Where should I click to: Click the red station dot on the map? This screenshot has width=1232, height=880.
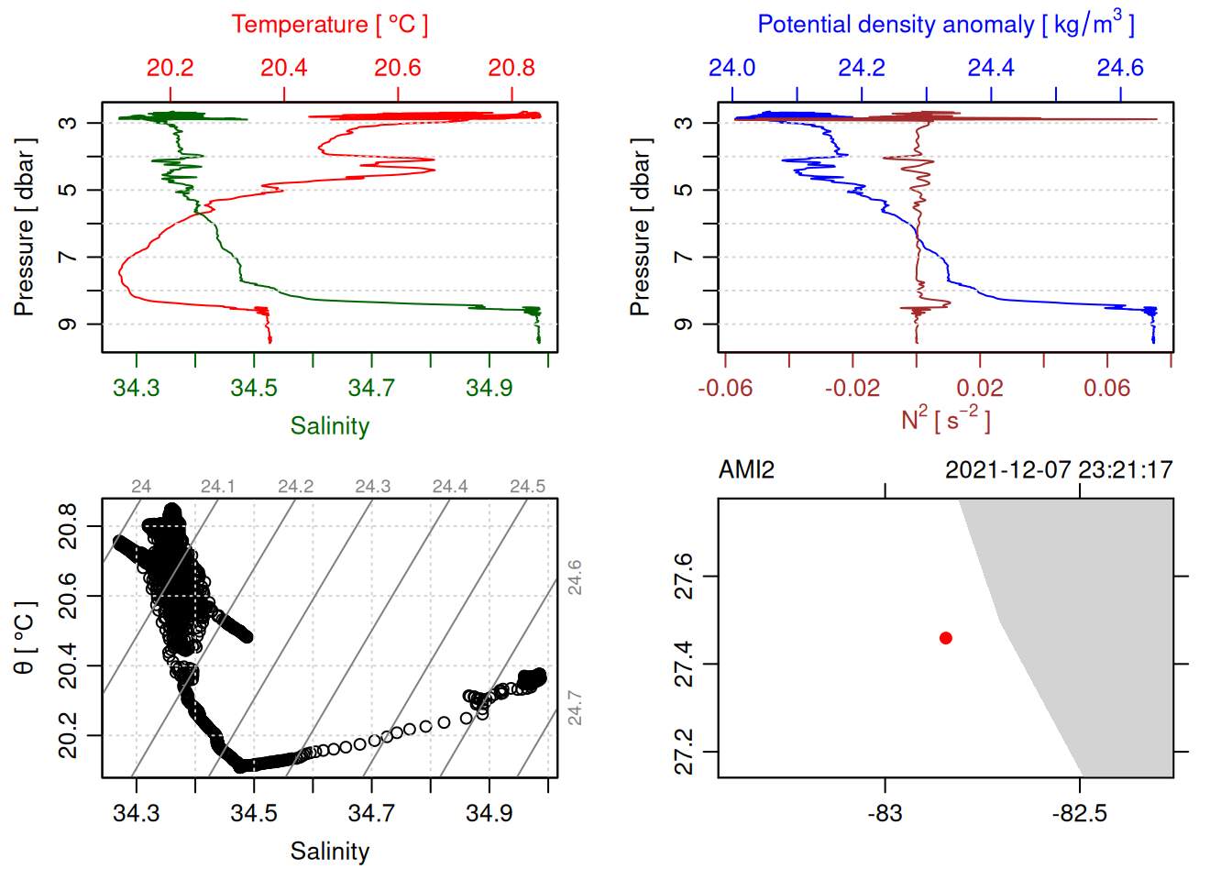pyautogui.click(x=946, y=638)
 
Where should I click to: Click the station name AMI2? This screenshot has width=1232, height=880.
pyautogui.click(x=746, y=470)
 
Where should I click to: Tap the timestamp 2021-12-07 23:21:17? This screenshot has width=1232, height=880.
pyautogui.click(x=1059, y=470)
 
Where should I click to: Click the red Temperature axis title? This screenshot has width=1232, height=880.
pyautogui.click(x=329, y=25)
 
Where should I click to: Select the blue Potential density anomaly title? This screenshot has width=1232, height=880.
pyautogui.click(x=945, y=25)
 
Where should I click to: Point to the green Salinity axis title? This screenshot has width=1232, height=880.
pyautogui.click(x=329, y=426)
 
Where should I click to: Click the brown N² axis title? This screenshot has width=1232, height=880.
pyautogui.click(x=945, y=420)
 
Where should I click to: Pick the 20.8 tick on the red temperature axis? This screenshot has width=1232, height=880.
pyautogui.click(x=511, y=68)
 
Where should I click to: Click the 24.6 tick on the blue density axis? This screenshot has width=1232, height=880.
pyautogui.click(x=1120, y=68)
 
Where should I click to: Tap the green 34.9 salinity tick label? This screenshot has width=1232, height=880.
pyautogui.click(x=489, y=388)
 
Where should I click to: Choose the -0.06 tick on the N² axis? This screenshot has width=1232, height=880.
pyautogui.click(x=725, y=388)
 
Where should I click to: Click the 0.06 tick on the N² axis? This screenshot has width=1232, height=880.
pyautogui.click(x=1107, y=388)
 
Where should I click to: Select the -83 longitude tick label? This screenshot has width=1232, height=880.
pyautogui.click(x=885, y=813)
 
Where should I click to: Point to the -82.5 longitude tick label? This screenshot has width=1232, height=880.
pyautogui.click(x=1079, y=813)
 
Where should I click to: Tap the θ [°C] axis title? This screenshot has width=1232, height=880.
pyautogui.click(x=25, y=638)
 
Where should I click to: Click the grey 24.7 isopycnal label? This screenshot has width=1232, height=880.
pyautogui.click(x=574, y=708)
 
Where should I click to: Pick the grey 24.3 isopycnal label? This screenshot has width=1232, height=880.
pyautogui.click(x=373, y=487)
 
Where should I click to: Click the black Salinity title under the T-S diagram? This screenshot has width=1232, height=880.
pyautogui.click(x=329, y=852)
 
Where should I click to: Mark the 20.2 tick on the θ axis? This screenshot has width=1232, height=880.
pyautogui.click(x=69, y=736)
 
